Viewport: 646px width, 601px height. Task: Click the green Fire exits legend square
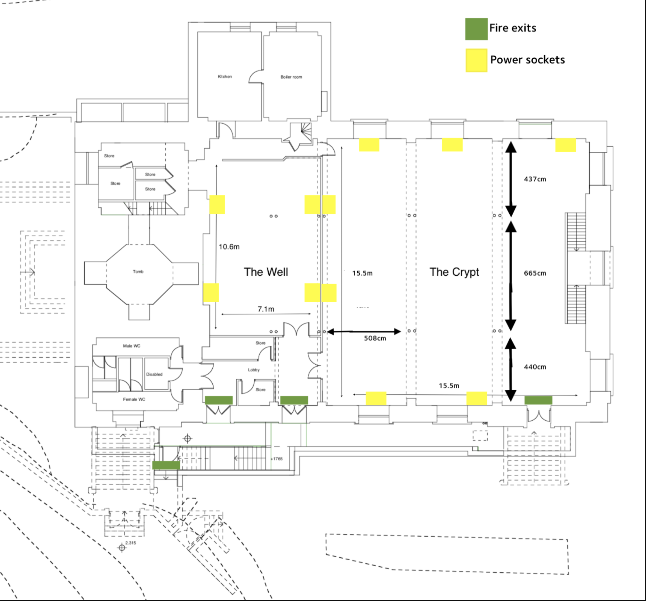(x=476, y=29)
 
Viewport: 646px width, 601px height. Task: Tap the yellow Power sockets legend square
(x=476, y=60)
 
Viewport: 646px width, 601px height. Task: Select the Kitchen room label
(x=225, y=77)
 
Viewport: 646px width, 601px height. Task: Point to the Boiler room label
(x=291, y=77)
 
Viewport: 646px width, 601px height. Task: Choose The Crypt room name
(x=454, y=272)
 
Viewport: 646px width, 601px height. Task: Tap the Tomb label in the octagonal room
(x=138, y=271)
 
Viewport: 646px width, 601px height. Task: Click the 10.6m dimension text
(x=229, y=247)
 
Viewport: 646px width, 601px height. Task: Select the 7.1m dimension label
(x=266, y=309)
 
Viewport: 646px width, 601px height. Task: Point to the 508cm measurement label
(x=375, y=338)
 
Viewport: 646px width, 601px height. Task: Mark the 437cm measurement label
(x=535, y=179)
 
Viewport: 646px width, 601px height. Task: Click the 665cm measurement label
(x=535, y=273)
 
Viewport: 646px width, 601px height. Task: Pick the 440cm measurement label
(x=535, y=367)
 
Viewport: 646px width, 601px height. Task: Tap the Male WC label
(x=132, y=346)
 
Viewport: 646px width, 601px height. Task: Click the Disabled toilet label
(x=154, y=374)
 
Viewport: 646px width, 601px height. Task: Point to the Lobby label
(x=254, y=370)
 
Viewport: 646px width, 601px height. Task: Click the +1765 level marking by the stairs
(x=276, y=459)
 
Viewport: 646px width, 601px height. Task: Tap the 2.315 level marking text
(x=131, y=543)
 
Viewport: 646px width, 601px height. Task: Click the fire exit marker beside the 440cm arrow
(x=538, y=400)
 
